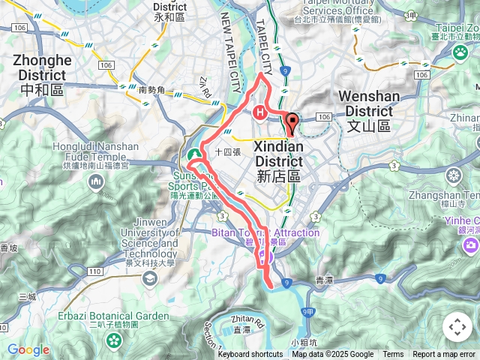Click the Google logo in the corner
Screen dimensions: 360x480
28,349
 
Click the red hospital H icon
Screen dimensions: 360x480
259,113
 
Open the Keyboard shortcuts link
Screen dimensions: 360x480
250,355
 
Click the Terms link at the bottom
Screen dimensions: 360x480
393,355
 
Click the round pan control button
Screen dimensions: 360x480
457,327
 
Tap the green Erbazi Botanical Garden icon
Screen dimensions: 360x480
113,340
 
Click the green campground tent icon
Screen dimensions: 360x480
193,154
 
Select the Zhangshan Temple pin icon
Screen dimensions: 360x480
453,175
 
